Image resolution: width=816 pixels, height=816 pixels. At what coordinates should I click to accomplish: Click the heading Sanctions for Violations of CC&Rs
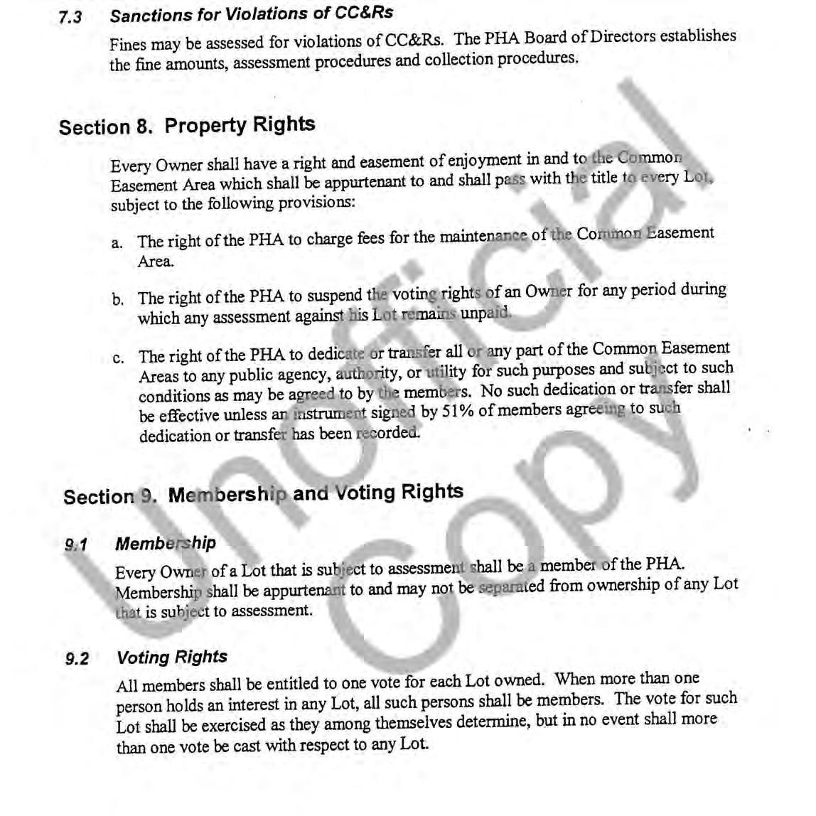click(251, 14)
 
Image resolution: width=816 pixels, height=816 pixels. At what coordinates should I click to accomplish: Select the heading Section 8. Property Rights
click(187, 126)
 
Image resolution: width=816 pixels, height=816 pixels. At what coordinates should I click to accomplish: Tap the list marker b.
click(117, 301)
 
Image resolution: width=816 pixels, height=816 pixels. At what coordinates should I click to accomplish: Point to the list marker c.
click(118, 358)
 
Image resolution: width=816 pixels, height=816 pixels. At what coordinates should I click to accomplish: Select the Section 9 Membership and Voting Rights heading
click(263, 493)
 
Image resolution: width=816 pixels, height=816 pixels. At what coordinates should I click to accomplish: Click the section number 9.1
click(75, 545)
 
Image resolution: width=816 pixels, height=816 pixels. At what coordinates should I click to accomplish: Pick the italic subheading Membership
click(166, 544)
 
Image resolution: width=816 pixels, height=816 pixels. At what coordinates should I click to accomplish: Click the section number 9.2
click(77, 659)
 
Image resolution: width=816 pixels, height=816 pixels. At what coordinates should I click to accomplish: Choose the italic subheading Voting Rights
click(172, 657)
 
